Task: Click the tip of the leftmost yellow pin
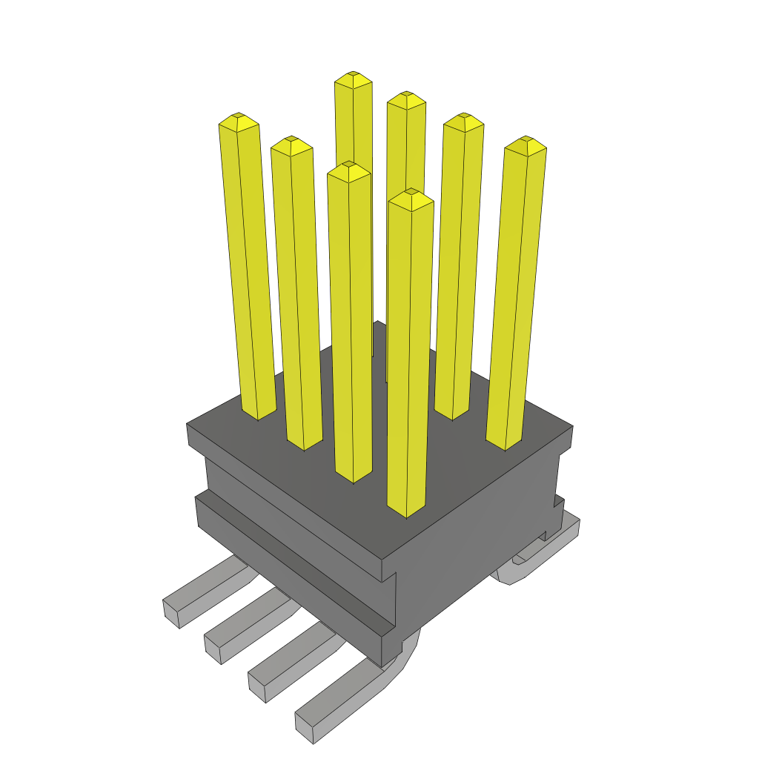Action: tap(239, 119)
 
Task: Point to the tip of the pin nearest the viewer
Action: tap(411, 195)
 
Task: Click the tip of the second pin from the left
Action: tap(291, 142)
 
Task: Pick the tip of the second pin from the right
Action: tap(464, 119)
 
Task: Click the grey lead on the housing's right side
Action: tap(541, 552)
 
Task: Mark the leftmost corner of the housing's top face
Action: tap(187, 425)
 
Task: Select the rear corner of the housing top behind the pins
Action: tap(377, 322)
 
